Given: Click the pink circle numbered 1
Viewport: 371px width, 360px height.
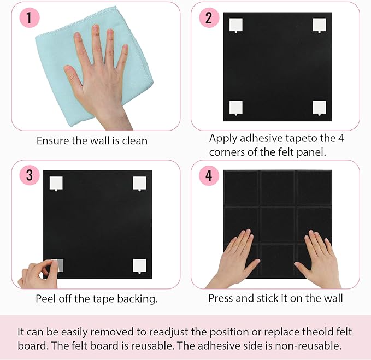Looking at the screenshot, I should click(x=28, y=17).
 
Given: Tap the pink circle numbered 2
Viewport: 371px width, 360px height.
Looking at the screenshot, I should click(x=209, y=17).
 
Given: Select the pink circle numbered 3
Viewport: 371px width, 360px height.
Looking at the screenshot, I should click(x=29, y=175).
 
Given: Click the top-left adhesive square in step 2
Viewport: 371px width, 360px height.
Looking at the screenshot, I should click(x=235, y=26).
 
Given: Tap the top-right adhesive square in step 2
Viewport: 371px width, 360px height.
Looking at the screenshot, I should click(x=319, y=25).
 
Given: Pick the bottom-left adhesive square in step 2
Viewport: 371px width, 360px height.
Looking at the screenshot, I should click(x=235, y=108).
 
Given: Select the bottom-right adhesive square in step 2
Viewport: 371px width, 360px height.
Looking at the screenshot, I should click(x=319, y=108).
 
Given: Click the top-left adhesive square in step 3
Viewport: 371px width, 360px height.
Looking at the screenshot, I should click(x=56, y=182).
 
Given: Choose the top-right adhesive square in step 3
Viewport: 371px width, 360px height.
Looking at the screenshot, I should click(x=139, y=182).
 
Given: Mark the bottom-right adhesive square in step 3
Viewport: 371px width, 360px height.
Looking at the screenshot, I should click(x=139, y=265).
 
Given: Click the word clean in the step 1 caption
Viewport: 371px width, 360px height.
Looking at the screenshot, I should click(x=133, y=140).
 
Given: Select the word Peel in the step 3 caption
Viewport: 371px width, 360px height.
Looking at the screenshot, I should click(x=46, y=299).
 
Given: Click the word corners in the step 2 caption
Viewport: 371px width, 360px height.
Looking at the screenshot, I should click(x=227, y=152).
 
